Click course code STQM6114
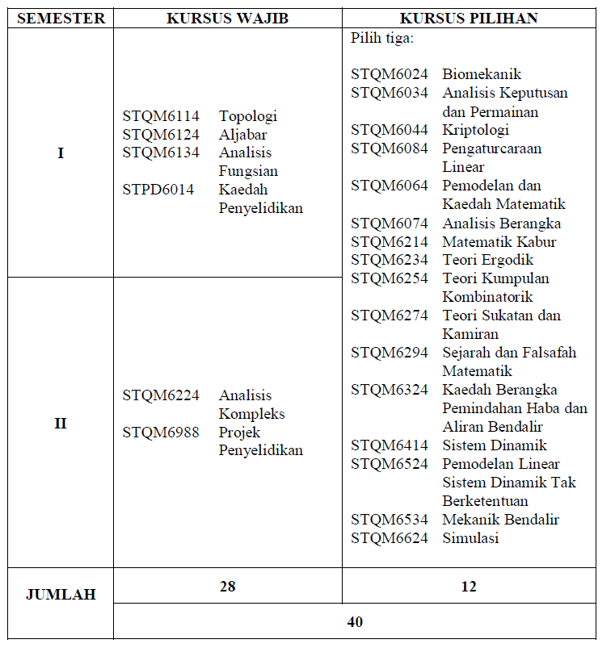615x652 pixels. [161, 116]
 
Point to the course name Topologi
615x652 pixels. [248, 116]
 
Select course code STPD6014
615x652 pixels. [158, 190]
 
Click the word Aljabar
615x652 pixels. [242, 135]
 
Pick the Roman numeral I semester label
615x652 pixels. [61, 153]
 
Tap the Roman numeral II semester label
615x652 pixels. [61, 423]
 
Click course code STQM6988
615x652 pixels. [161, 433]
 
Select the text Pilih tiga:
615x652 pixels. [381, 38]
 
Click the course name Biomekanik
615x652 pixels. [482, 75]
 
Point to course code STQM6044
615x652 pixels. [390, 131]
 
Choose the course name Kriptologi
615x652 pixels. [475, 131]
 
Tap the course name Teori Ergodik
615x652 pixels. [487, 260]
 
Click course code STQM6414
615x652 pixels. [390, 445]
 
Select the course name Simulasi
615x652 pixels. [470, 538]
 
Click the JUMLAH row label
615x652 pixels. [61, 595]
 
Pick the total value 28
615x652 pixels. [227, 587]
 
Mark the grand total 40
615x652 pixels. [355, 622]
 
